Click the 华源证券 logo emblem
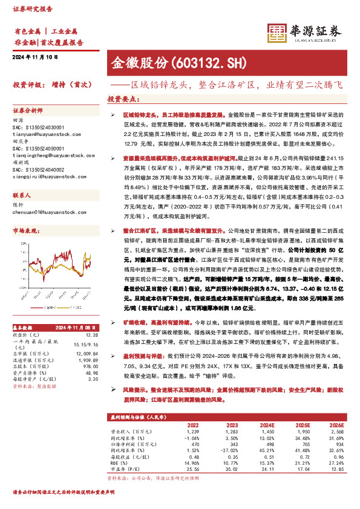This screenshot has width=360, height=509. [277, 33]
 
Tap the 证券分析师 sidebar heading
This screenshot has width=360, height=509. [28, 111]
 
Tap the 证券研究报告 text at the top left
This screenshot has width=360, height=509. [29, 9]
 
